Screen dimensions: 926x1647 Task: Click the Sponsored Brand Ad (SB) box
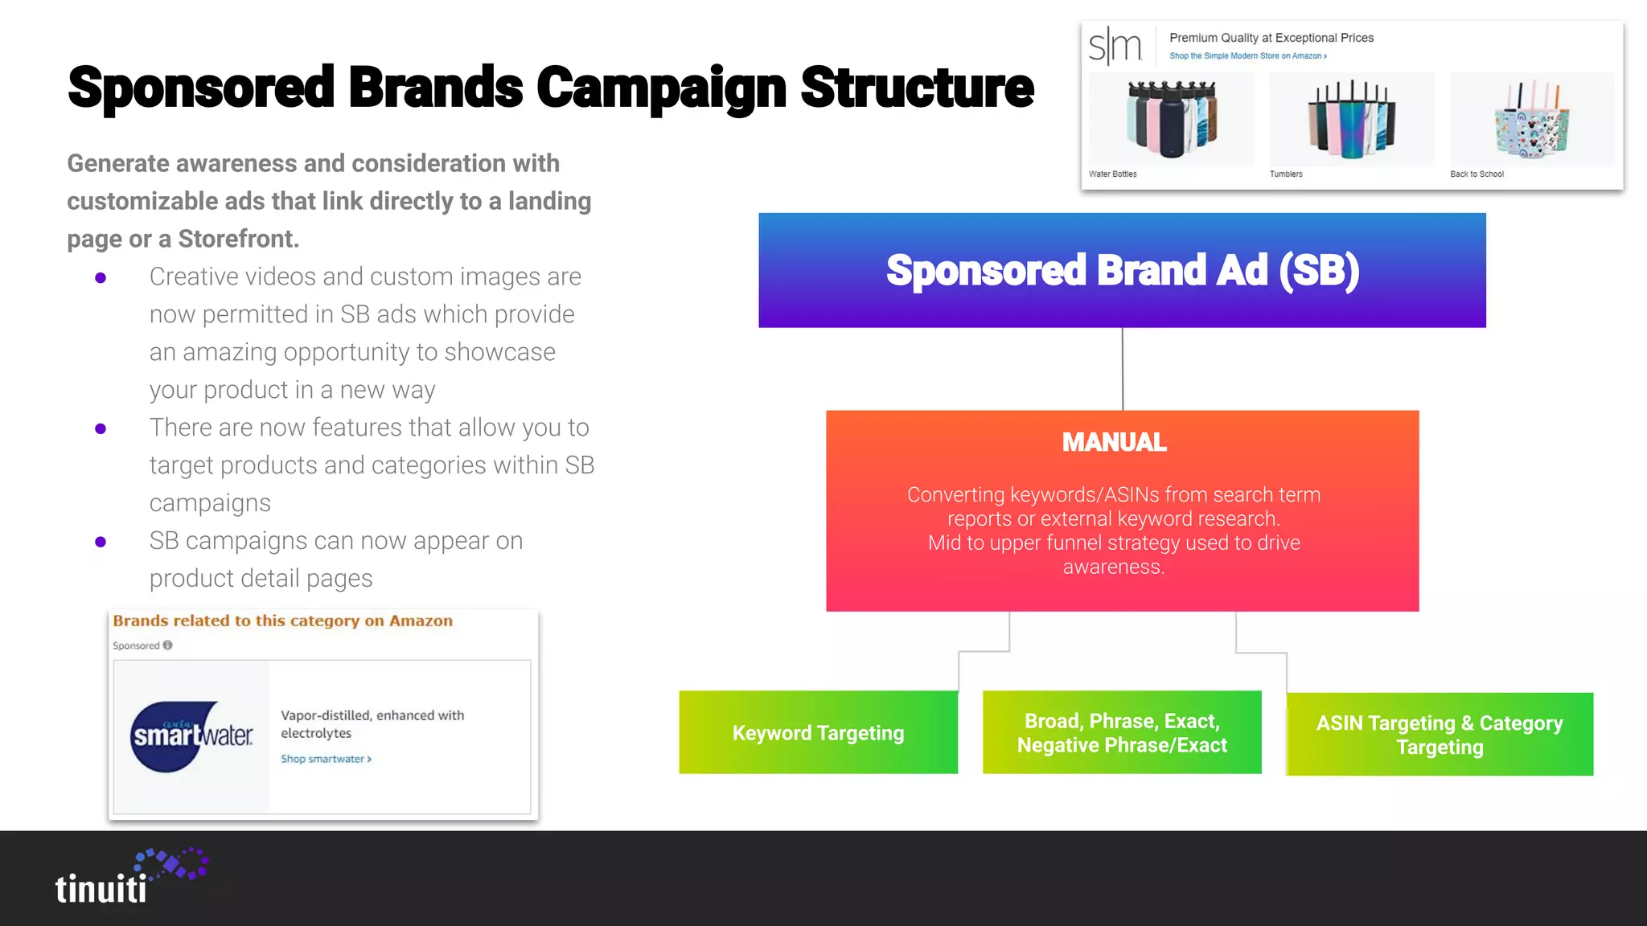(1122, 270)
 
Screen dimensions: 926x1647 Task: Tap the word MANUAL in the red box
(1114, 442)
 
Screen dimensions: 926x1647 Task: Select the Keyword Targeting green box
(818, 732)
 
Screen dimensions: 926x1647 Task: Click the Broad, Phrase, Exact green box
(1122, 732)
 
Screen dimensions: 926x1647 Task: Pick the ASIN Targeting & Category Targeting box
(1440, 735)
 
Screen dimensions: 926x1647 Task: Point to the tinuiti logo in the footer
(129, 877)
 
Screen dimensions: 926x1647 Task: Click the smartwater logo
(191, 736)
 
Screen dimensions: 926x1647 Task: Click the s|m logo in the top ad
(1115, 46)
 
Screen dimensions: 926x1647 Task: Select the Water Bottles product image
(1171, 119)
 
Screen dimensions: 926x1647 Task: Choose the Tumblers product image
(1351, 119)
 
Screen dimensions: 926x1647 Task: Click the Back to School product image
(1532, 119)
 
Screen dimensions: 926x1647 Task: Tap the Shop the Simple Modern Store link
(1247, 56)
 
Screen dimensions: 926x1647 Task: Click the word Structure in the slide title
(917, 88)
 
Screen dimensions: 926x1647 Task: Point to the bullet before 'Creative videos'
(101, 278)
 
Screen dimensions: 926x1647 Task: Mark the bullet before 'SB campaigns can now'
(101, 542)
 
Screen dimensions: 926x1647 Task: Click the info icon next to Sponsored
(167, 645)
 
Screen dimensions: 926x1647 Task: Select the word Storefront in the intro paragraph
(238, 239)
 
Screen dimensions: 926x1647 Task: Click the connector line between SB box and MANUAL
(1123, 369)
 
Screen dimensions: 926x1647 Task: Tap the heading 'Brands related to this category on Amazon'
(282, 621)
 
